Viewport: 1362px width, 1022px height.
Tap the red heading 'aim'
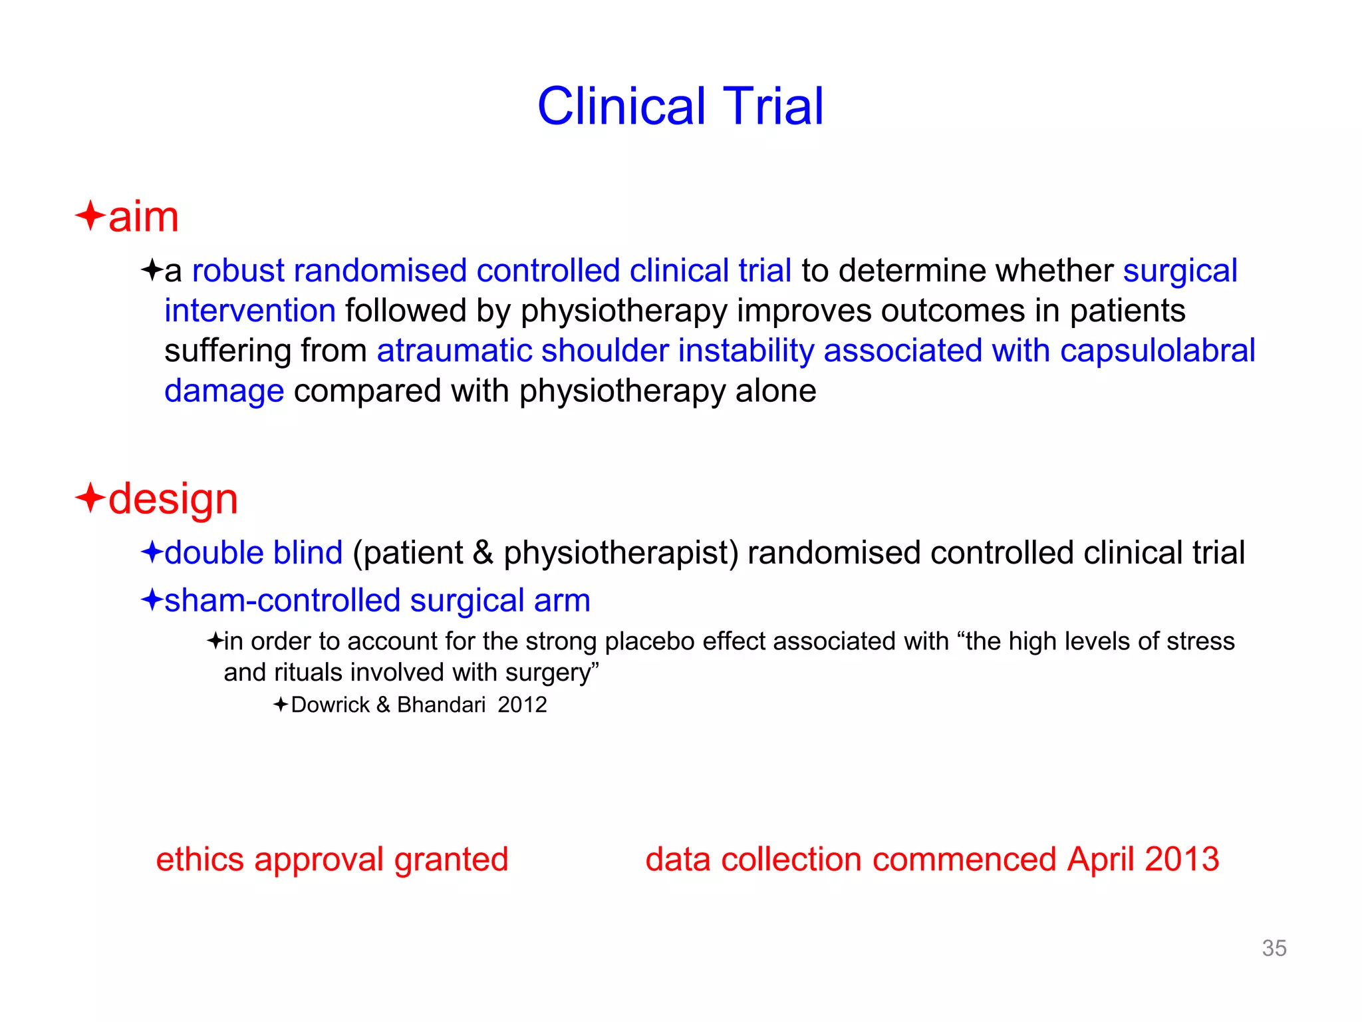pos(144,217)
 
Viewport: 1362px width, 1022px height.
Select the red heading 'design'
pos(173,499)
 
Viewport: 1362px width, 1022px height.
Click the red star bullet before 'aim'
pos(90,216)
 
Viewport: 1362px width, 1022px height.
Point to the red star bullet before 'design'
pos(90,498)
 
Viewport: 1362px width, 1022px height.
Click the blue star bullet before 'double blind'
pos(152,552)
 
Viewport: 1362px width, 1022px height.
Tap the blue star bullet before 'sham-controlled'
pos(152,599)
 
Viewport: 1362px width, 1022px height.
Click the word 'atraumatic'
pos(456,351)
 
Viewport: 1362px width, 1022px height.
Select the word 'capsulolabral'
pos(1157,351)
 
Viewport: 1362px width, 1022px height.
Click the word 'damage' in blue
pos(224,391)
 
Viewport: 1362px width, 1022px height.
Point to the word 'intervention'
pos(250,311)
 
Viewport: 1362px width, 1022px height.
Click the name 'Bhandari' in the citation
pos(441,705)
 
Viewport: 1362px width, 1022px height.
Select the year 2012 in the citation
pos(522,705)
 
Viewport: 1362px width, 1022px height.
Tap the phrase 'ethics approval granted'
pos(332,859)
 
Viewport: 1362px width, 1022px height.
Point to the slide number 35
pos(1274,948)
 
